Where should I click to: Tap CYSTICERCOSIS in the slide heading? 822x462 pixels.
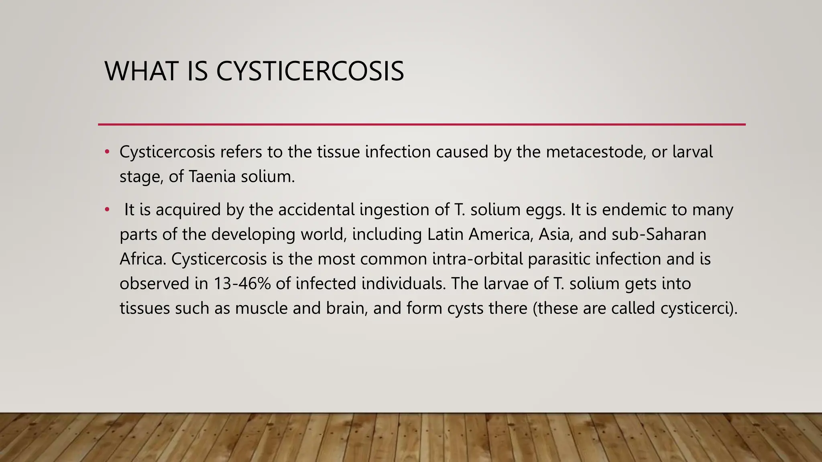(310, 71)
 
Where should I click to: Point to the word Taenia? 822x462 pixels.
(212, 176)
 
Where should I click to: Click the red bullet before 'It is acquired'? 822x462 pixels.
(107, 210)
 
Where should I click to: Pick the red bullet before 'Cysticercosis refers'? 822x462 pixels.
(107, 152)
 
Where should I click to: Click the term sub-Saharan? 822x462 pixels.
(659, 234)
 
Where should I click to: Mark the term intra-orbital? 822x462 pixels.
(478, 259)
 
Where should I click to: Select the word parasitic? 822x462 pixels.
(559, 259)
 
